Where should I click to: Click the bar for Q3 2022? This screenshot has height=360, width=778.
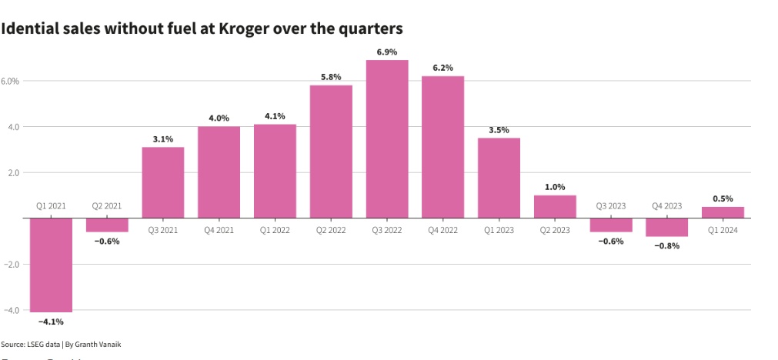pos(387,138)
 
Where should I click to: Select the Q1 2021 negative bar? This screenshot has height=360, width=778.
pos(51,265)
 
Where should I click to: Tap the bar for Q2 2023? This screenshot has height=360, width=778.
pos(555,206)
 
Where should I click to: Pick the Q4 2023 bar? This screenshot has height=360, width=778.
pos(666,227)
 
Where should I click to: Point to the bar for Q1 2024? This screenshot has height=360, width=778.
pos(723,212)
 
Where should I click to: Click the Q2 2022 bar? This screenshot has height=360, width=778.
pos(331,152)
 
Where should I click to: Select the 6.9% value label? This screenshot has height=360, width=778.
pos(387,52)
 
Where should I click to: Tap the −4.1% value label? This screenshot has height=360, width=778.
pos(51,322)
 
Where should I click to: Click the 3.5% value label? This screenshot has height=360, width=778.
pos(499,130)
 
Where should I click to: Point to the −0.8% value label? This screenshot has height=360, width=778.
pos(666,246)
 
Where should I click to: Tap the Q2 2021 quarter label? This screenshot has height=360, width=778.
pos(107,206)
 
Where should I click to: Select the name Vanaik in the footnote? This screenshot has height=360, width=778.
pos(108,344)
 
